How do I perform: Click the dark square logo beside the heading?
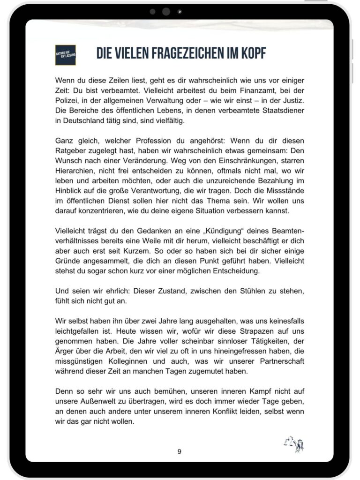click(66, 55)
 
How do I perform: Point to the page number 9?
click(180, 451)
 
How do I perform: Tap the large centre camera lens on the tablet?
click(166, 12)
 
